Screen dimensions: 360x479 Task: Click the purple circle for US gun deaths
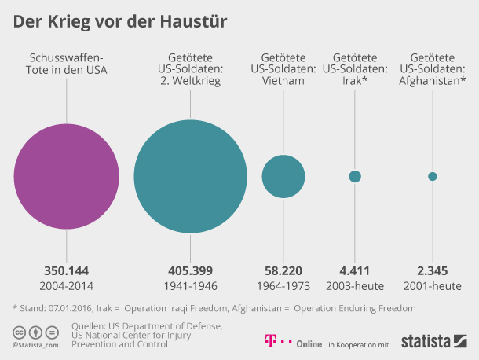(66, 176)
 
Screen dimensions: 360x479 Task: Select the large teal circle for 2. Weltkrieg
(191, 176)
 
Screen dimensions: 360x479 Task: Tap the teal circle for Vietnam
(283, 176)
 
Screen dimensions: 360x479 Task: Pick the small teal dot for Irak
(355, 176)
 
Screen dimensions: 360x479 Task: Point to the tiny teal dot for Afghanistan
(433, 176)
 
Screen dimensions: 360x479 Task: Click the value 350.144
(66, 269)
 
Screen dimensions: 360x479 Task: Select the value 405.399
(192, 269)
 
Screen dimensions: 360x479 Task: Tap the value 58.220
(283, 269)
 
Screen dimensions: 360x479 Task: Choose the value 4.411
(355, 269)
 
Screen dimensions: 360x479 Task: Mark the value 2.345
(433, 269)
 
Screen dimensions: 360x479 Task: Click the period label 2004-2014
(66, 285)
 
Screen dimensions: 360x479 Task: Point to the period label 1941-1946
(192, 285)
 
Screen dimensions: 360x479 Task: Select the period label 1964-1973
(283, 285)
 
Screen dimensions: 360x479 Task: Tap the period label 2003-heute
(355, 285)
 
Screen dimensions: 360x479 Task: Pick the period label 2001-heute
(433, 285)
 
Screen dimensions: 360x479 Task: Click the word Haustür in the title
(196, 21)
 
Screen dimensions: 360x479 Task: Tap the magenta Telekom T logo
(269, 342)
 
